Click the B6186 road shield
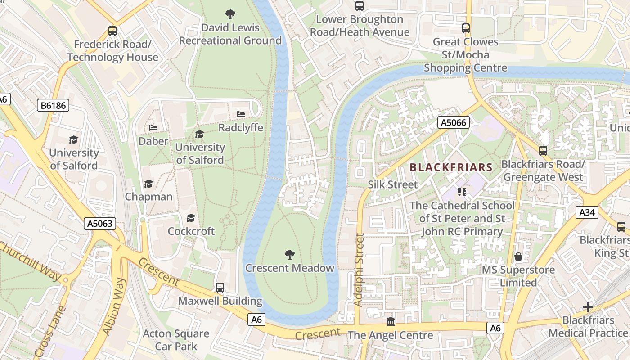pos(53,106)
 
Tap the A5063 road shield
pos(100,223)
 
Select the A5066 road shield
pos(454,122)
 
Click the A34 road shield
pos(587,212)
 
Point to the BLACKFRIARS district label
pos(451,168)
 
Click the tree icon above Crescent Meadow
pos(290,255)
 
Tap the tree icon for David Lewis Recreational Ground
pos(230,14)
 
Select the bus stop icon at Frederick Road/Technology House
pos(112,31)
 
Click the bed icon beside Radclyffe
pos(241,114)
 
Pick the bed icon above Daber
pos(153,128)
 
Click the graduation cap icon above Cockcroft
pos(191,218)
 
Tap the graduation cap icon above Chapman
pos(148,184)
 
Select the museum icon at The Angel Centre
pos(390,322)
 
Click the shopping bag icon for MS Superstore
pos(518,256)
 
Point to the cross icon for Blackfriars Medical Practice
pos(588,307)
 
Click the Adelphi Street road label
pos(358,270)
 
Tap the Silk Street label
pos(392,184)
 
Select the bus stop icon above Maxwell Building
pos(220,287)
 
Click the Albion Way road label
pos(114,306)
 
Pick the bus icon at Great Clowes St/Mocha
pos(466,28)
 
